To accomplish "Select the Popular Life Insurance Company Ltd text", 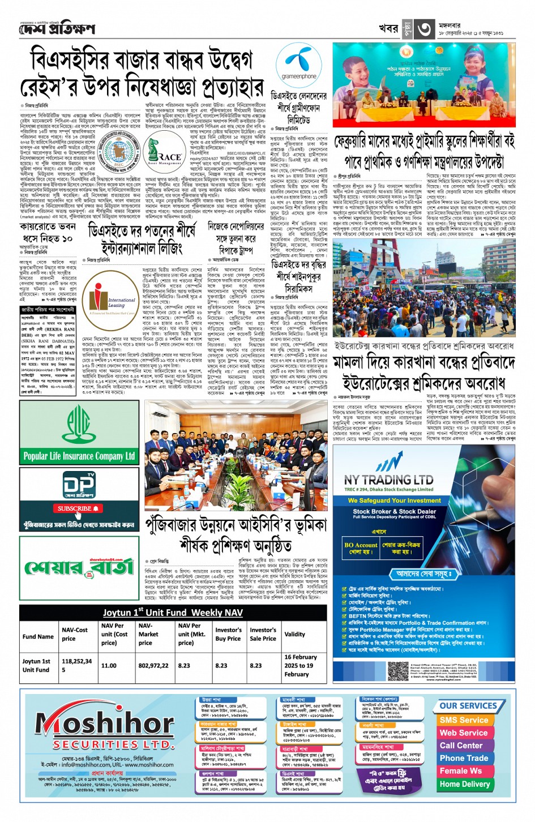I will [79, 456].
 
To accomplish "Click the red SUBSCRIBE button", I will [78, 508].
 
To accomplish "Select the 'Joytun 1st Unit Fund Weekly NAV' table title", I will [173, 613].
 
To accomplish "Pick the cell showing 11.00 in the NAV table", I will [109, 666].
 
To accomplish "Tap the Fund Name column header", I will [38, 636].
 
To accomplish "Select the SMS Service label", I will [464, 720].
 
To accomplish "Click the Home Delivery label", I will [464, 784].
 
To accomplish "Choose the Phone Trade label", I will [464, 758].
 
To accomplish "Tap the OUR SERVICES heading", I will [468, 706].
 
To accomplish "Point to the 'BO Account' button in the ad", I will [361, 549].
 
